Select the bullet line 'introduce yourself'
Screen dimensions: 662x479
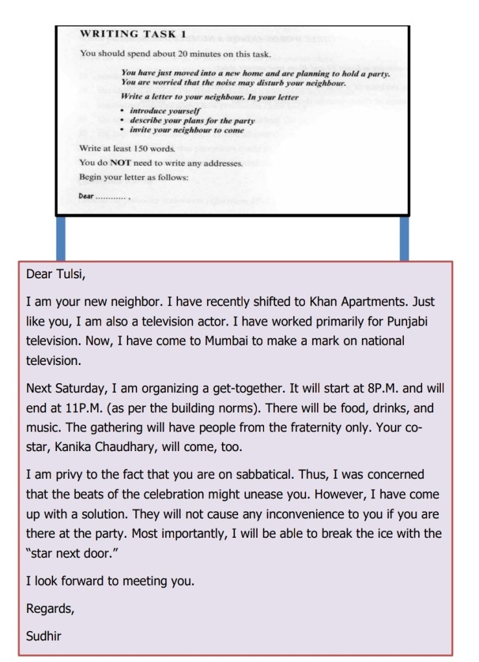pos(165,111)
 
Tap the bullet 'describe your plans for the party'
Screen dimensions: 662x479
pos(192,120)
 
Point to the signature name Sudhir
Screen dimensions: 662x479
pos(43,635)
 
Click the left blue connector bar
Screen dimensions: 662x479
pos(61,238)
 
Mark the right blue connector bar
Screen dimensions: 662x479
pos(405,238)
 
